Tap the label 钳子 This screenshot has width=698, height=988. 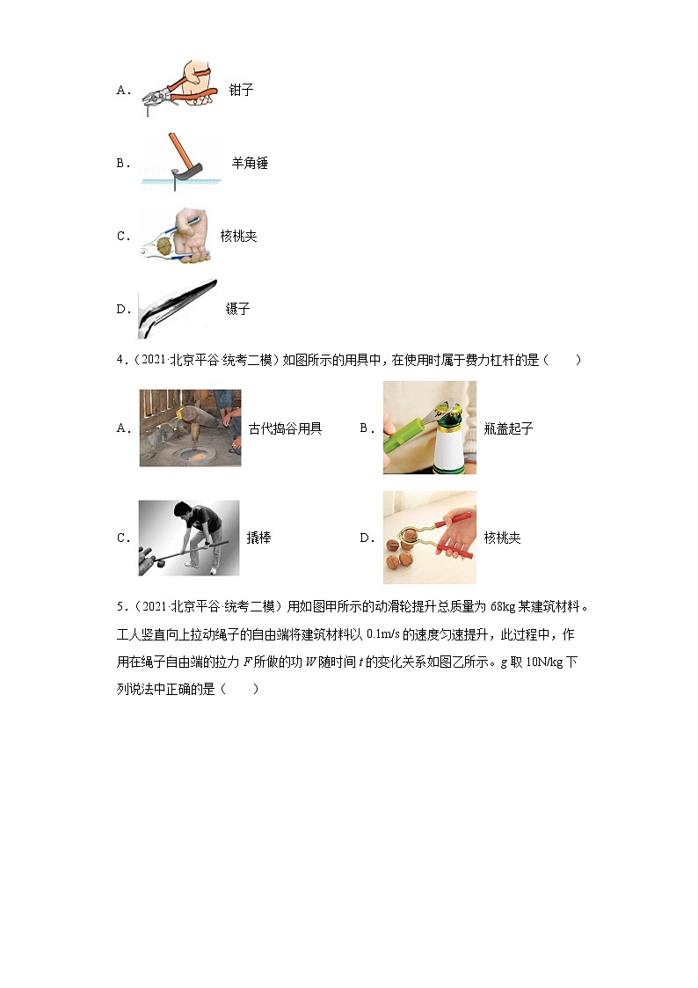(x=241, y=90)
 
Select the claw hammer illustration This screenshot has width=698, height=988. (x=180, y=161)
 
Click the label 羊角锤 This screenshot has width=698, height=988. (x=250, y=163)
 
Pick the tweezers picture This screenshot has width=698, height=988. (x=178, y=308)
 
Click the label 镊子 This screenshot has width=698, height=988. (x=237, y=309)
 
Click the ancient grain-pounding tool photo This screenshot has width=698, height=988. (x=189, y=428)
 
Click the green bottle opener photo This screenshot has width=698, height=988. (x=429, y=428)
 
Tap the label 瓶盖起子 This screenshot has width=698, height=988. (x=508, y=428)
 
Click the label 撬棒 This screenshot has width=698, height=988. (x=258, y=538)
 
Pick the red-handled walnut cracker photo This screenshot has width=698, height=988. (x=429, y=538)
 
